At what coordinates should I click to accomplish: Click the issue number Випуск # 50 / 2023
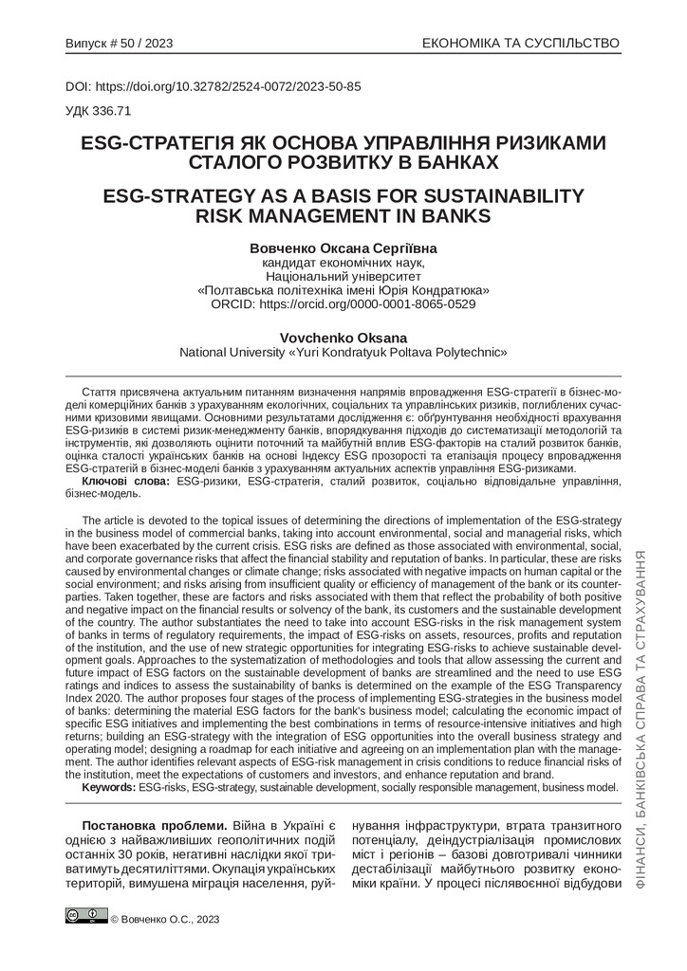tap(119, 44)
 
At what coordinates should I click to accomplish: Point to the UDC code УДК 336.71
tap(99, 110)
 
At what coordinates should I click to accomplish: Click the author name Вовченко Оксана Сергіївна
tap(343, 247)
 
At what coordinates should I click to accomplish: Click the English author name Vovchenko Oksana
tap(343, 337)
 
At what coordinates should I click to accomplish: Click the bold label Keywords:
tap(109, 787)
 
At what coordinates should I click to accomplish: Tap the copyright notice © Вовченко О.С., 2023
tap(165, 918)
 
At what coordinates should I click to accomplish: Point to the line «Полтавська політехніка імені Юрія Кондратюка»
tap(343, 290)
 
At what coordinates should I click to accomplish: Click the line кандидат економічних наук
tap(343, 262)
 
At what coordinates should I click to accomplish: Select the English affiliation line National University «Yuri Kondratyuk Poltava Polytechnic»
tap(343, 352)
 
